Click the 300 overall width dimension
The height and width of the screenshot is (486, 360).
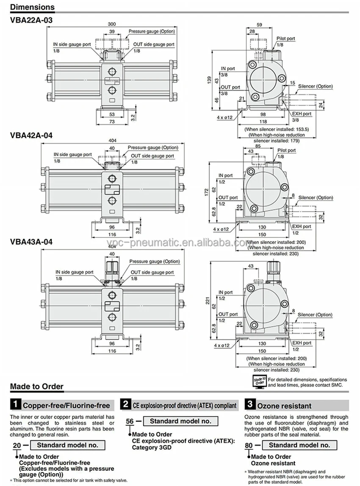click(x=111, y=24)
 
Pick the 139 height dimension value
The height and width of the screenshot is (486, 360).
click(x=208, y=80)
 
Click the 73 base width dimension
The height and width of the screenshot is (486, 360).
click(x=112, y=121)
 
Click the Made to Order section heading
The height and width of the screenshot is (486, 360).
click(x=36, y=386)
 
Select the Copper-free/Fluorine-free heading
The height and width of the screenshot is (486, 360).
click(x=66, y=406)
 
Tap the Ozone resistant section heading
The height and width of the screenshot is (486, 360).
click(x=284, y=406)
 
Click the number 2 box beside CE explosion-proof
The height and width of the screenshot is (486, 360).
click(x=125, y=404)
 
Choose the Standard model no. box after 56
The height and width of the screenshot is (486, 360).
click(x=180, y=421)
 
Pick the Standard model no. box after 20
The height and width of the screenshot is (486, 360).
click(x=67, y=445)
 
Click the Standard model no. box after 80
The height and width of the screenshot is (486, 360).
click(x=299, y=445)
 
